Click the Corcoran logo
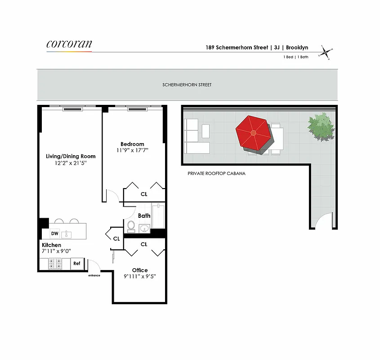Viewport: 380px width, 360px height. (x=69, y=44)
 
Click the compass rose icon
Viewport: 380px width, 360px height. (x=326, y=52)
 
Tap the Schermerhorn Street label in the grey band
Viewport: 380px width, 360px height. (x=187, y=85)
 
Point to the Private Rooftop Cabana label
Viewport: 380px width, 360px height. (x=217, y=173)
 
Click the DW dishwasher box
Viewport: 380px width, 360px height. (x=54, y=234)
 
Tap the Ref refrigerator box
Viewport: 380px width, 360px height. (x=77, y=264)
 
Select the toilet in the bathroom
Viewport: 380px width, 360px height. (x=131, y=226)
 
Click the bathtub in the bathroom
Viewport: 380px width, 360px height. (x=158, y=216)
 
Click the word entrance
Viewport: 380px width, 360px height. (x=94, y=275)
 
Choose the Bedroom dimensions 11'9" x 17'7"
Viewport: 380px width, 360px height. (x=132, y=151)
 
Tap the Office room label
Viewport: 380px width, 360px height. (x=140, y=270)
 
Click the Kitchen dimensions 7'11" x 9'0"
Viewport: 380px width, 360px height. (x=57, y=251)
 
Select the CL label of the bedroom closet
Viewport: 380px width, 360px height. (x=144, y=194)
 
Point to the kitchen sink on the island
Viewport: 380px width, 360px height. (x=66, y=234)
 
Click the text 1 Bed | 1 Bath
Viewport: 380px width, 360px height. (x=295, y=57)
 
